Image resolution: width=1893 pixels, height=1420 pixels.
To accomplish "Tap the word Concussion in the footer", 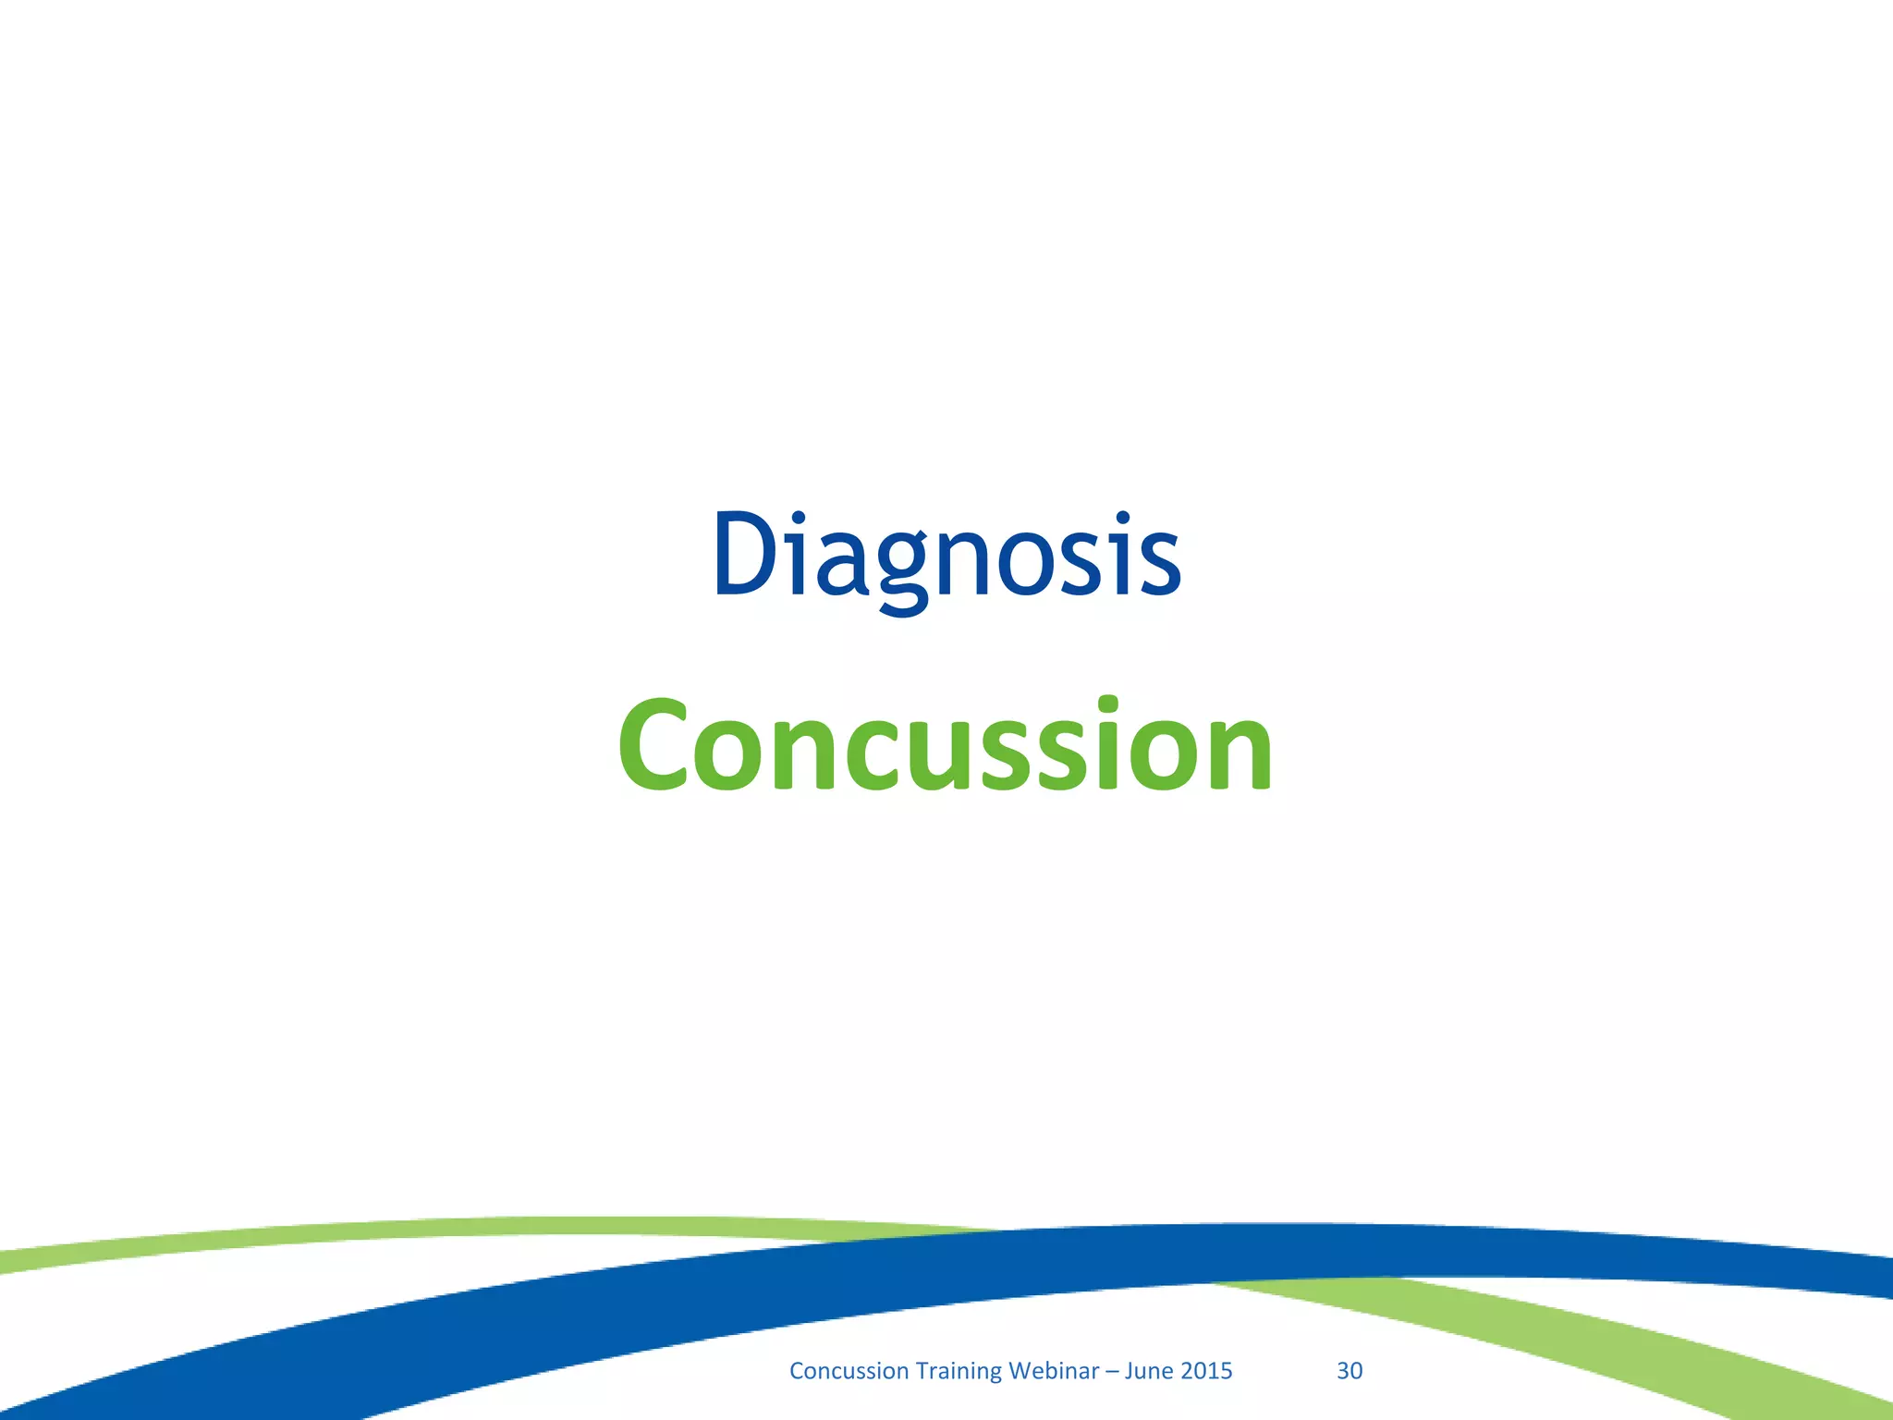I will click(849, 1370).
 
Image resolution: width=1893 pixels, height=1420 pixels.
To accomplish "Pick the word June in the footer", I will click(1147, 1370).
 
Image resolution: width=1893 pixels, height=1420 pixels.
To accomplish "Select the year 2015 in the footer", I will click(1207, 1370).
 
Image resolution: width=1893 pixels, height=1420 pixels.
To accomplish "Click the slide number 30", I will click(1350, 1370).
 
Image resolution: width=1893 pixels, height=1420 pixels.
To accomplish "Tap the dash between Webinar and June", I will click(1112, 1371).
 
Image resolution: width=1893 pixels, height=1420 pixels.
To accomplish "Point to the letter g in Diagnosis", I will click(903, 569).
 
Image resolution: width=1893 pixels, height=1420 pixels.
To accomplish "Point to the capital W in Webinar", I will click(1020, 1370).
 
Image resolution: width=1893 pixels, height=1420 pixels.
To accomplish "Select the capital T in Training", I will click(922, 1370).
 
